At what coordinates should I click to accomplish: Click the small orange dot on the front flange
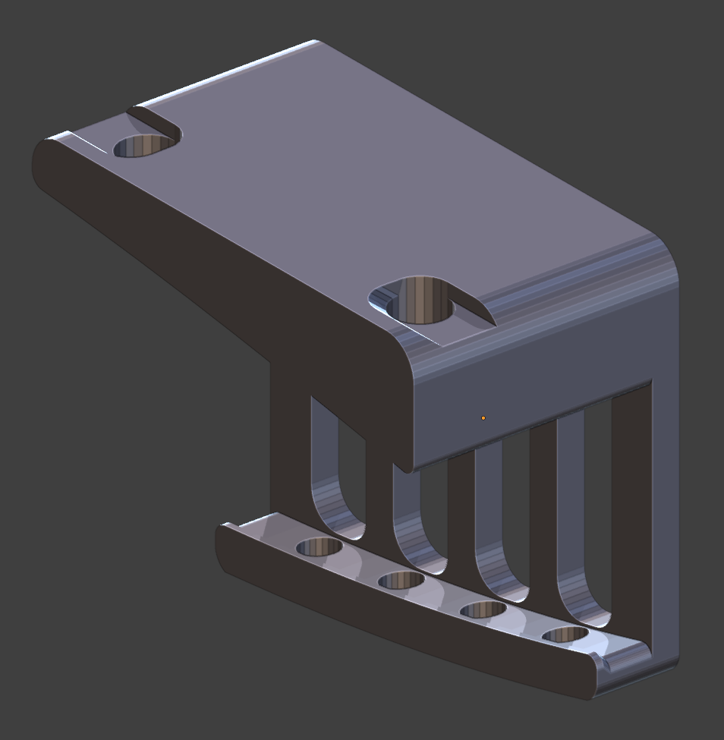[x=483, y=418]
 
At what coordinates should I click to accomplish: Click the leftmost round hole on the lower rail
[x=319, y=546]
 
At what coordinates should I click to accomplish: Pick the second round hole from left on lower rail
[x=401, y=581]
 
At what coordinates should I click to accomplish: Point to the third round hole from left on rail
[x=483, y=609]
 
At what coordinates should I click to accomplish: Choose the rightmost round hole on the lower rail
[x=565, y=635]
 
